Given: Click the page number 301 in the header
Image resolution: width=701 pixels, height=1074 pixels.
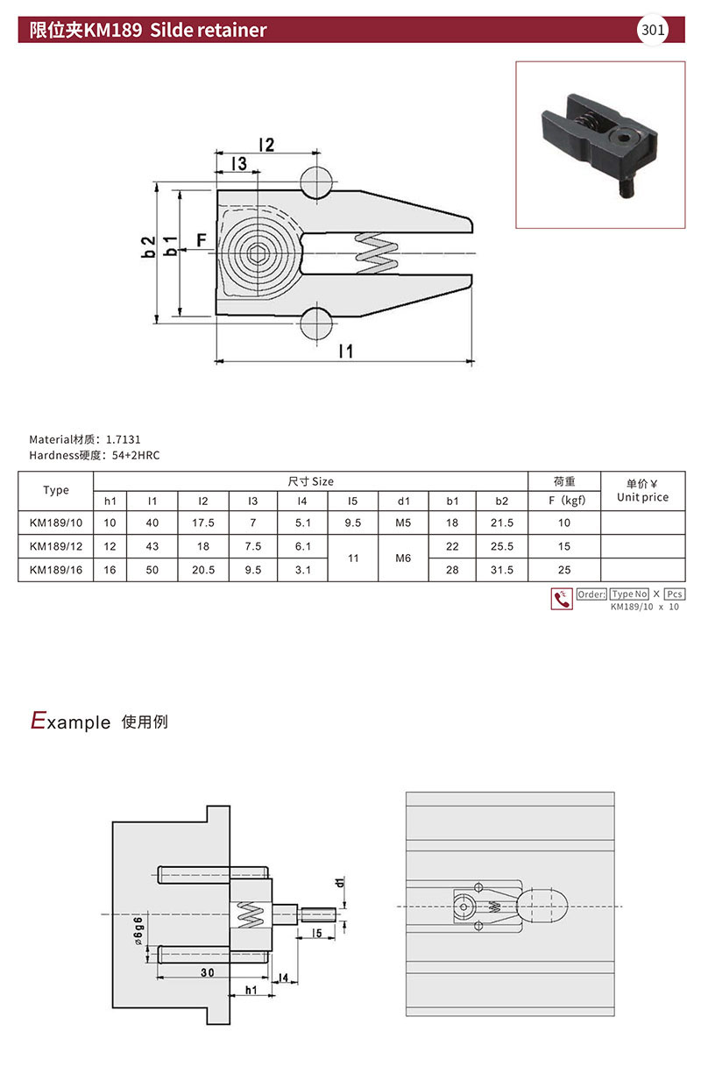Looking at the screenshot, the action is (653, 30).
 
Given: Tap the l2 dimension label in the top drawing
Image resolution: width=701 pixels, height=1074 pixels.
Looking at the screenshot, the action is (266, 145).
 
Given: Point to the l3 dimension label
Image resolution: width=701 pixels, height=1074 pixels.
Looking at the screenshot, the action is (238, 163).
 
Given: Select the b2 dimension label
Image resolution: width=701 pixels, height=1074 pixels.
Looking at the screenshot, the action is (149, 246).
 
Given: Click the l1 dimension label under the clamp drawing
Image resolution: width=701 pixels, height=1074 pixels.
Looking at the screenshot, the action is (345, 351).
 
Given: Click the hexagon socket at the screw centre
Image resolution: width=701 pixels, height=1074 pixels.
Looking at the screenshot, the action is (258, 252).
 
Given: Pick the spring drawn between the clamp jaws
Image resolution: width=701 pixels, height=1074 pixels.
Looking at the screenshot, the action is (377, 253).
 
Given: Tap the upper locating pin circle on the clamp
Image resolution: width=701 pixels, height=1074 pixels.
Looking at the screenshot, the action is (316, 182).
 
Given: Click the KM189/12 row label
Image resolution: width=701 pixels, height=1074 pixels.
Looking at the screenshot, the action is (55, 546).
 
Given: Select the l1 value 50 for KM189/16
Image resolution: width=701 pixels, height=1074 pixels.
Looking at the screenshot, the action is (152, 570).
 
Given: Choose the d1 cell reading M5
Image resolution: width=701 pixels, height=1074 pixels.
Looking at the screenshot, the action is (403, 523).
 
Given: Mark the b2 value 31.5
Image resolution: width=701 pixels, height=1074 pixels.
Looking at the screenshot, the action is (502, 570).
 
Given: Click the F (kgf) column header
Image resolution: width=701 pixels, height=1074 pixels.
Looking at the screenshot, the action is (567, 501).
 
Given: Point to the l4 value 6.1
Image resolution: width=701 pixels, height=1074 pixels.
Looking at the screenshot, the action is (303, 546).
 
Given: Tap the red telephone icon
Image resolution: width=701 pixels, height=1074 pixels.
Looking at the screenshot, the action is (561, 599).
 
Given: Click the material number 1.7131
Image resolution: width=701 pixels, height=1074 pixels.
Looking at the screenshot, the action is (124, 439).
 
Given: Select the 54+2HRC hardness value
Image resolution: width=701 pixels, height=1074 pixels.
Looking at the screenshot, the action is (136, 455).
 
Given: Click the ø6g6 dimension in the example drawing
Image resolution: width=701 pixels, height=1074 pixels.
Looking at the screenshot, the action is (138, 930).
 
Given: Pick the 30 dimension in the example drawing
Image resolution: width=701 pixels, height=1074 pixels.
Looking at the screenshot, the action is (207, 972).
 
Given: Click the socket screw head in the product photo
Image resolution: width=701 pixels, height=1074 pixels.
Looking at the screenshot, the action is (623, 139).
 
